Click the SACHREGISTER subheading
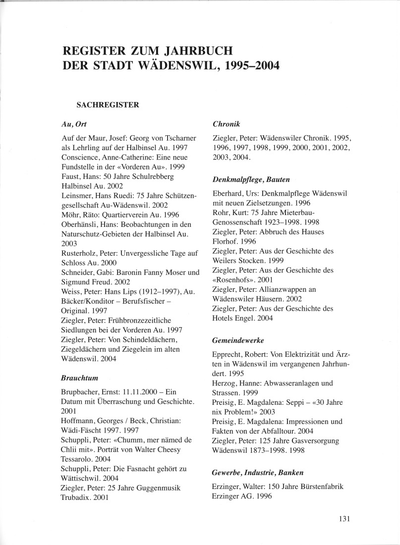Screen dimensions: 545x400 pyautogui.click(x=108, y=105)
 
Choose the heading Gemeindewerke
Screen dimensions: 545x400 pyautogui.click(x=237, y=340)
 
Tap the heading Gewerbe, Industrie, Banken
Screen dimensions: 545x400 pyautogui.click(x=258, y=473)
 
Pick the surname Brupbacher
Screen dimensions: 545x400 pyautogui.click(x=76, y=392)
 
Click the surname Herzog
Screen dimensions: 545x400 pyautogui.click(x=224, y=383)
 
